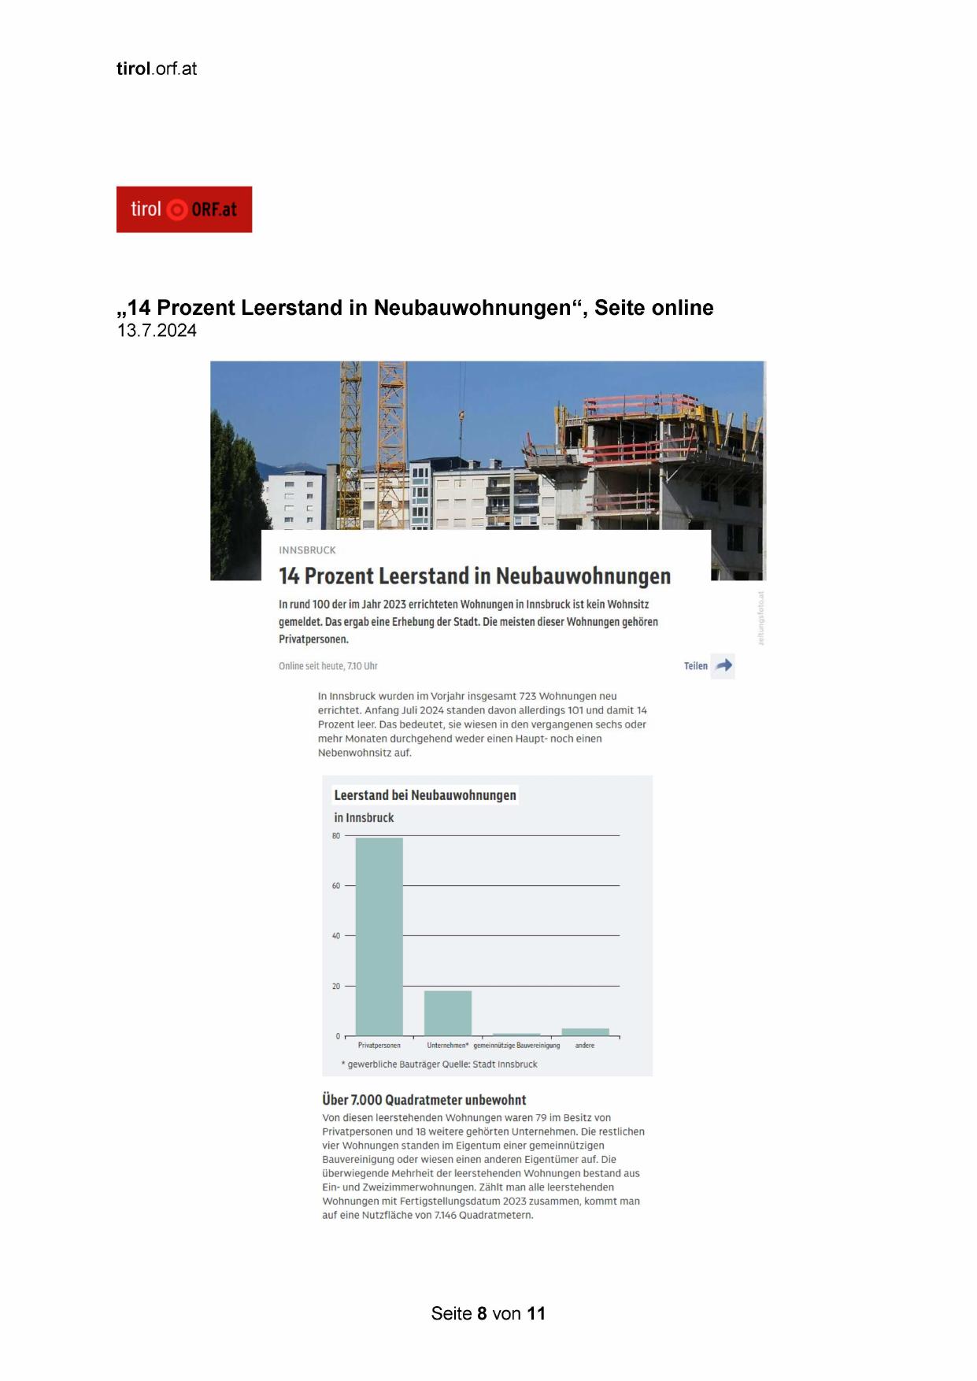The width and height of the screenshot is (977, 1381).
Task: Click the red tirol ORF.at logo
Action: click(184, 209)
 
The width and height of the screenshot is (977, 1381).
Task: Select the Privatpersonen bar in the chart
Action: click(379, 936)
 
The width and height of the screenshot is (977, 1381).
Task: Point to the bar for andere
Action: click(585, 1031)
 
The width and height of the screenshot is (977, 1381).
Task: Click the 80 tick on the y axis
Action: click(336, 835)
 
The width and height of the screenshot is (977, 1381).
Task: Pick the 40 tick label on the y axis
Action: click(336, 936)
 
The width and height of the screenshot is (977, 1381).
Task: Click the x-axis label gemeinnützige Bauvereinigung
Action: click(516, 1046)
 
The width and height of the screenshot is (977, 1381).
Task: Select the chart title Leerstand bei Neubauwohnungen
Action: click(425, 795)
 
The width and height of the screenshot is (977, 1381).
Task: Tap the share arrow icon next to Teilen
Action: click(723, 665)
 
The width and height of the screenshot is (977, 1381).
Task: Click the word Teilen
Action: click(696, 666)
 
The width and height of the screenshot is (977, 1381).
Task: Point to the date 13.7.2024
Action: click(157, 331)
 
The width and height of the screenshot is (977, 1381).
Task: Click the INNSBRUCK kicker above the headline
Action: click(307, 550)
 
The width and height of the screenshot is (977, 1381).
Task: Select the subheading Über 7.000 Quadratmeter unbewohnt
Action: click(424, 1100)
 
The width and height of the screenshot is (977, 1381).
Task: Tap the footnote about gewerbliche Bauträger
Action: click(439, 1064)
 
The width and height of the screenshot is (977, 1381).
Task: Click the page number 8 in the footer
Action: click(482, 1313)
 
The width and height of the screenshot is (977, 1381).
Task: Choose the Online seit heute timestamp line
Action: click(328, 666)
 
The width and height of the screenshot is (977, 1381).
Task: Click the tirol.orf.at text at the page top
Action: click(157, 68)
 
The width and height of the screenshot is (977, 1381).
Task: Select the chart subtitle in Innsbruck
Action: click(364, 817)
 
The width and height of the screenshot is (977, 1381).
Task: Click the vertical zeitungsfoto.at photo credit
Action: click(761, 618)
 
